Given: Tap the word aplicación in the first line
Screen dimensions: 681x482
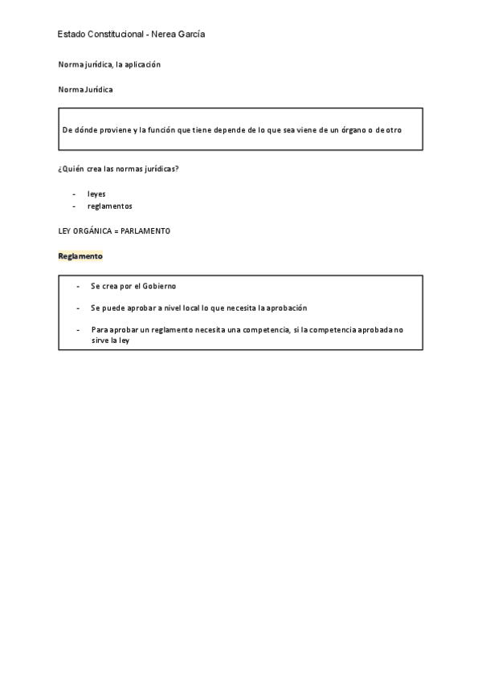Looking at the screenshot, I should click(x=144, y=64).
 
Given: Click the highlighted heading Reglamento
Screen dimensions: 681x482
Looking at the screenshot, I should click(x=80, y=256).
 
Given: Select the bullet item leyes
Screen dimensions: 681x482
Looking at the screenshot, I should click(x=96, y=194).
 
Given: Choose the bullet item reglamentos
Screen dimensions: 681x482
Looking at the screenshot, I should click(x=110, y=206).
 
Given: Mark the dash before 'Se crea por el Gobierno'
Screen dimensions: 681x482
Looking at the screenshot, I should click(x=78, y=286).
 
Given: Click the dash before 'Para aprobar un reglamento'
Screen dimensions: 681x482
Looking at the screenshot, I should click(x=78, y=329).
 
